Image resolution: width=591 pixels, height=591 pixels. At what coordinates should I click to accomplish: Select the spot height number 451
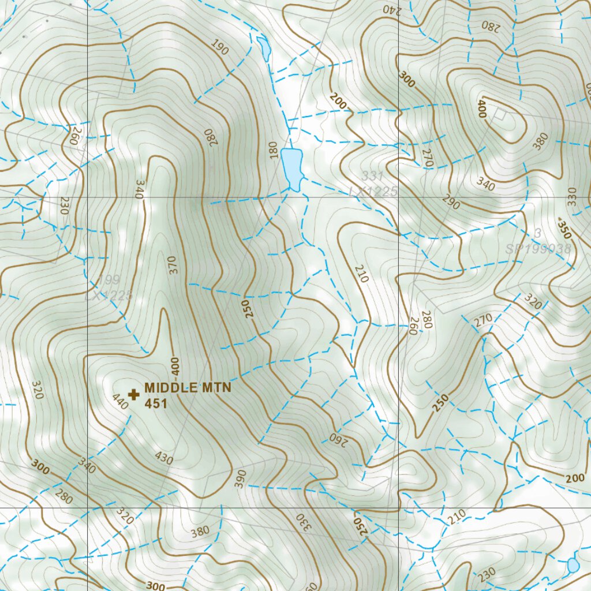coord(156,403)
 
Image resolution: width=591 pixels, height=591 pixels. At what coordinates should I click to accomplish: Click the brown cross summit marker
coord(134,395)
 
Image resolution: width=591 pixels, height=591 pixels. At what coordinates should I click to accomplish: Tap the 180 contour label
coord(273,151)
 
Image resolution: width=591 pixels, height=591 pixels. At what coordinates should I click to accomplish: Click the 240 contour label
coord(391,9)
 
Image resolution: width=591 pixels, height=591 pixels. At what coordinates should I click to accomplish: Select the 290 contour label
coord(451,204)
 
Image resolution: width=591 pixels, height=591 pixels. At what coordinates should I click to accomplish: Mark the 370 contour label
coord(174,264)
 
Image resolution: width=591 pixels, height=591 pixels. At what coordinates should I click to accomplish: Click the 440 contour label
coord(119,402)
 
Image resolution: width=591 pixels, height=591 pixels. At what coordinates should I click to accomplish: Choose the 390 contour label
coord(241,478)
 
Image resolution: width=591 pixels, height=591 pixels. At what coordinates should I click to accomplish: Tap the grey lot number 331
coord(373,176)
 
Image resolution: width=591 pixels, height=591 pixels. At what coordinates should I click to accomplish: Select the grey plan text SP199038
coord(538,249)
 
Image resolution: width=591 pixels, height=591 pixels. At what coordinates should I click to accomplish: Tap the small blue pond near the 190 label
coord(264,48)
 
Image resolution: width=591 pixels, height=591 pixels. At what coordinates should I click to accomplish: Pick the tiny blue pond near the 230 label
coord(573,565)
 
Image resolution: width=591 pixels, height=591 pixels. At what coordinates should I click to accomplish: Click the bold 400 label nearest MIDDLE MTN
coord(175,365)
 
